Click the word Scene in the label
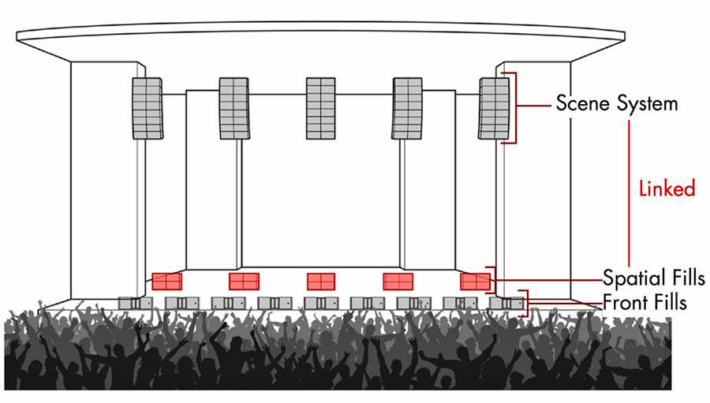point(583,103)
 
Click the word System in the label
point(647,104)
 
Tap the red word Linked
point(667,188)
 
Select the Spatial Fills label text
point(653,277)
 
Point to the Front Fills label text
point(645,302)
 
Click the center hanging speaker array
point(320,108)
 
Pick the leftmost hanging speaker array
point(148,108)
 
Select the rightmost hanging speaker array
point(494,108)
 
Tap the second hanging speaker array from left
point(234,108)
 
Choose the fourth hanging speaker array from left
point(407,108)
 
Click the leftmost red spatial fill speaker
point(166,282)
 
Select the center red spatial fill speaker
point(321,282)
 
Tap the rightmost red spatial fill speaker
point(476,282)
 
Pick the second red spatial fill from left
point(244,282)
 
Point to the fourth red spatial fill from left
point(398,282)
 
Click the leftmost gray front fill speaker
point(136,303)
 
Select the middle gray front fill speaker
point(321,303)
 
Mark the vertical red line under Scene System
point(629,193)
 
